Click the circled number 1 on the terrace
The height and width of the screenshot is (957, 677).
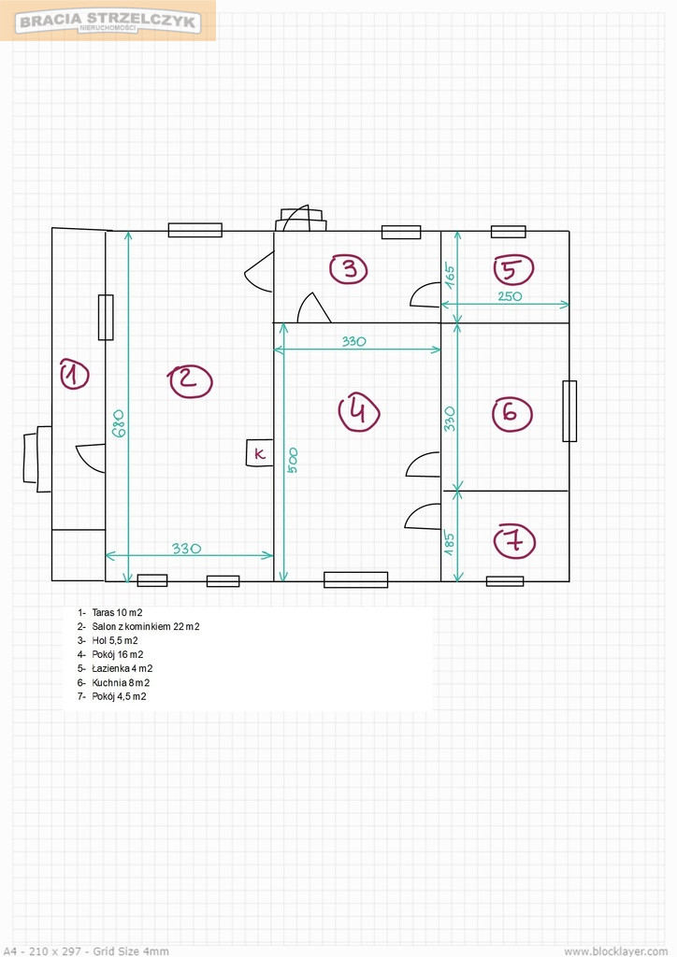(75, 374)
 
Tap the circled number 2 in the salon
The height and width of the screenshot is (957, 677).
(190, 381)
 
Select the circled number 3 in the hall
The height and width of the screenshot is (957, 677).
(349, 269)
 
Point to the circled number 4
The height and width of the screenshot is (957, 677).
(359, 411)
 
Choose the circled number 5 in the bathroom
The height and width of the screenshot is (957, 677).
(513, 269)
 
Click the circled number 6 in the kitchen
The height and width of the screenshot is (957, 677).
(512, 414)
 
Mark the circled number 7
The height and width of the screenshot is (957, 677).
(514, 541)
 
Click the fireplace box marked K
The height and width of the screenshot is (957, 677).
(259, 453)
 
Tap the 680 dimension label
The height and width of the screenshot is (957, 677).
(119, 422)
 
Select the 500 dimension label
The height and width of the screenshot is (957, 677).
(293, 461)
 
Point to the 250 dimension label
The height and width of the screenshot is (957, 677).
(510, 296)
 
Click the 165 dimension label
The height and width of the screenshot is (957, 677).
(450, 276)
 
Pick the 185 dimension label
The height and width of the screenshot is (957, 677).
(449, 544)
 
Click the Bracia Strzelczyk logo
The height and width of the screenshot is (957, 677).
(108, 21)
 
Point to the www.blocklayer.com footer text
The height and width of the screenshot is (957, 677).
(616, 950)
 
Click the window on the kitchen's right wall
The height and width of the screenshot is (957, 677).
(569, 411)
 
